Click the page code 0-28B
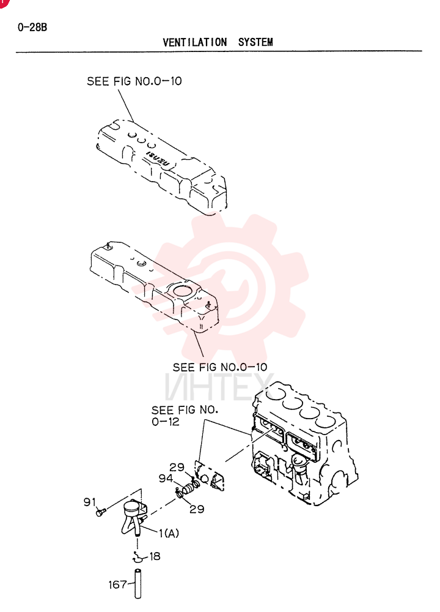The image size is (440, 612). [x=32, y=28]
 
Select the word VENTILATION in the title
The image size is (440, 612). [x=195, y=42]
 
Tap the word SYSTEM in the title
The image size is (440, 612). [x=255, y=42]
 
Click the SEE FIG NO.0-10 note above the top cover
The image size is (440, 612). [x=134, y=81]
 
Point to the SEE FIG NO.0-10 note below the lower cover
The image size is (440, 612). [x=220, y=367]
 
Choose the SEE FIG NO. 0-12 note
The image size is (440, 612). [x=185, y=416]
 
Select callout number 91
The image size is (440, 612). [x=90, y=502]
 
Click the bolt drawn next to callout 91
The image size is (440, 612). [x=101, y=511]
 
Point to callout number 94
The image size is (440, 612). [x=166, y=478]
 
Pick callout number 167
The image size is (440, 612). [x=117, y=584]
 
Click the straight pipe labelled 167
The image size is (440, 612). [x=137, y=584]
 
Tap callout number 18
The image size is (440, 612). [x=155, y=556]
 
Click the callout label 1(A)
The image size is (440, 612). [x=169, y=533]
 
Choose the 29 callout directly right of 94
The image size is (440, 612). [x=177, y=467]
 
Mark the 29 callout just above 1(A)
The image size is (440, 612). [x=197, y=509]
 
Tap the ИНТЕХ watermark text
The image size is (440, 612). [x=219, y=387]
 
